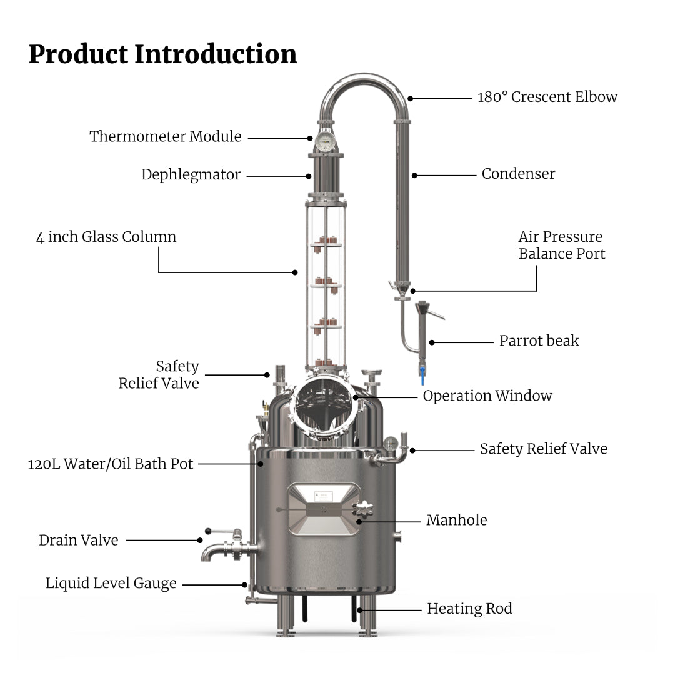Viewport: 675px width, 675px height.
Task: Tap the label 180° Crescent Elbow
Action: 547,97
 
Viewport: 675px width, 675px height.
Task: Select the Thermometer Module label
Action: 165,136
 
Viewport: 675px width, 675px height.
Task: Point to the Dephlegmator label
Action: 191,174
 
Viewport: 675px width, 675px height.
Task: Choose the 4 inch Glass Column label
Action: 106,237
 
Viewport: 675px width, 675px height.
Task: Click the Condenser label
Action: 518,174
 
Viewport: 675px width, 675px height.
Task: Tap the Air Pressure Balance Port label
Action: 561,245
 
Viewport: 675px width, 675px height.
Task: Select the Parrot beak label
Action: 539,341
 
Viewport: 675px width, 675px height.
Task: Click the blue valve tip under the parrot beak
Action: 422,375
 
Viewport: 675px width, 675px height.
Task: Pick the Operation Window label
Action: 487,396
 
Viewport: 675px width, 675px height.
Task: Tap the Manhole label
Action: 456,520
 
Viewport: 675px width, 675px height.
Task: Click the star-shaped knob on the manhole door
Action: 362,509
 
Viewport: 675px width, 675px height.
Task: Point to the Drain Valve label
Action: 79,540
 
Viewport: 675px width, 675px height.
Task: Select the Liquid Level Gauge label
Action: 111,584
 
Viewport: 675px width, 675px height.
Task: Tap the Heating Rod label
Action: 469,609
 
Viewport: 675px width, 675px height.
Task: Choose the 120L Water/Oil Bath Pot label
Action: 111,464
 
